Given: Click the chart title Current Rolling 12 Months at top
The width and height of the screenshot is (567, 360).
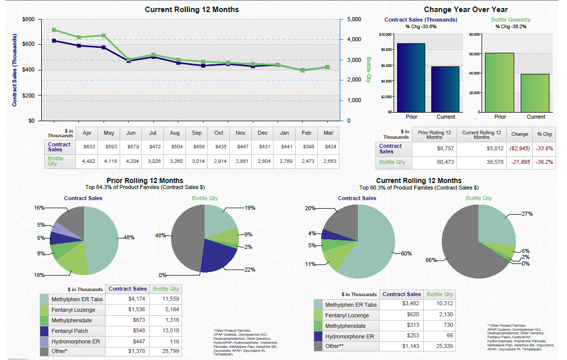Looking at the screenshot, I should point(192,10).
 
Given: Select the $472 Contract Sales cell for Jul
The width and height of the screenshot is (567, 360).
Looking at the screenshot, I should point(153,147).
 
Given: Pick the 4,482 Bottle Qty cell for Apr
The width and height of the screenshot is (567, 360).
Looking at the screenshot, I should point(86,161).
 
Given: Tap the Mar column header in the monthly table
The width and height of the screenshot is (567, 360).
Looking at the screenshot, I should point(328,133).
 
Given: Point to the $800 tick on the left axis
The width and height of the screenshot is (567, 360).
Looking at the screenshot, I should point(29,19).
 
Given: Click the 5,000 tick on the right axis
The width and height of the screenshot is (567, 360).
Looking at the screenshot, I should point(355,19).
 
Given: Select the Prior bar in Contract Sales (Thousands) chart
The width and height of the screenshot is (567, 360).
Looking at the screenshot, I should point(411,77).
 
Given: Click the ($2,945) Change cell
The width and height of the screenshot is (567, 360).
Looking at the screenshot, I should point(519,149).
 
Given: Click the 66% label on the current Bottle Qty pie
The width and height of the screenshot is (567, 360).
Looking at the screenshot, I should point(430,260).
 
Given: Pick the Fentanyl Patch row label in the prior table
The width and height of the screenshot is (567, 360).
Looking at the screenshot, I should point(70,331).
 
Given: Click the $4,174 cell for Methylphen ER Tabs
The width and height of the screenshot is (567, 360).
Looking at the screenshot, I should point(137,299).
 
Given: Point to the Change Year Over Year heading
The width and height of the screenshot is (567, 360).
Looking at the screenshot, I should point(465,10).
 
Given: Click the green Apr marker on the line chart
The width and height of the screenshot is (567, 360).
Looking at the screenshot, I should point(54,30).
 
